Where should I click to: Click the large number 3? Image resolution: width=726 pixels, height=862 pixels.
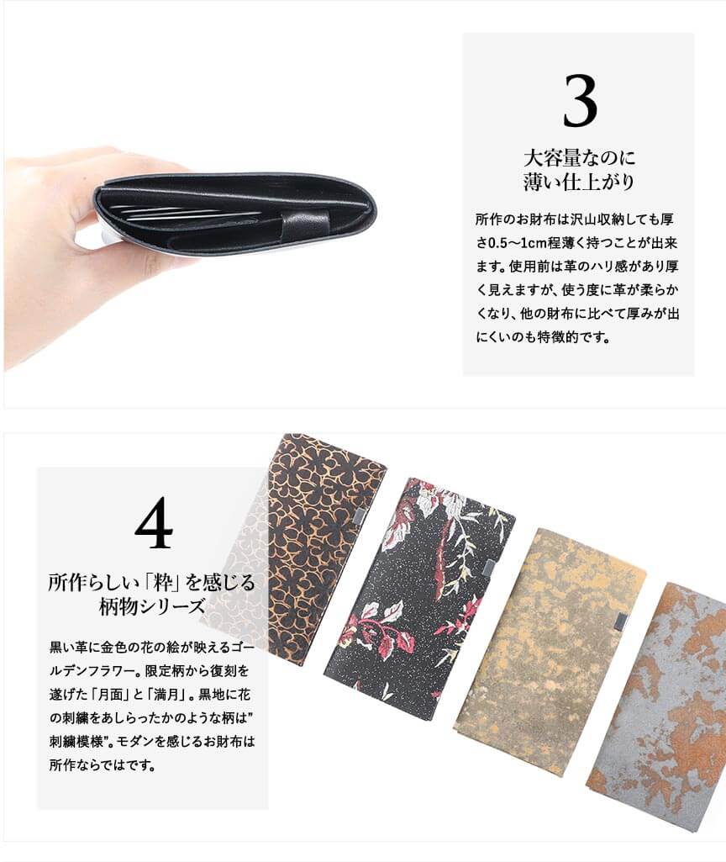click(580, 101)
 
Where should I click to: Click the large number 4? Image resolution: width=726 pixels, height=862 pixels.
click(154, 523)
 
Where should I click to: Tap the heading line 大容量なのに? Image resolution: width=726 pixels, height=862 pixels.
click(579, 158)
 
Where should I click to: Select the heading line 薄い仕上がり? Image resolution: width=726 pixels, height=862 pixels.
click(579, 182)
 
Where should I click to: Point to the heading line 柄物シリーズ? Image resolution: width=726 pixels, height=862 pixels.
click(151, 606)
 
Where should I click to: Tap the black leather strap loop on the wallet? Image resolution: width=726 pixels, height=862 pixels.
click(305, 221)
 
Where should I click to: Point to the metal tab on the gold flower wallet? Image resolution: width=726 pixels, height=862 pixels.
click(359, 514)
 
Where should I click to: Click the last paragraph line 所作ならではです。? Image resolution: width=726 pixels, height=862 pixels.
click(103, 764)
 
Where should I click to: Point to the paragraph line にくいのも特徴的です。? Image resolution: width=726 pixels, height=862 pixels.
click(543, 336)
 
